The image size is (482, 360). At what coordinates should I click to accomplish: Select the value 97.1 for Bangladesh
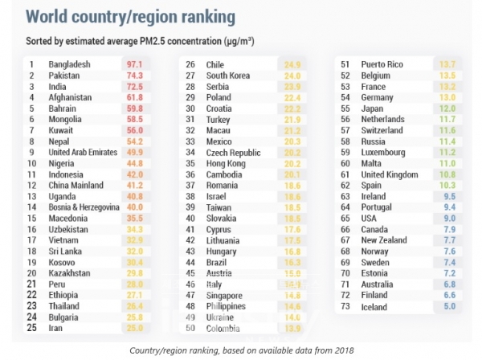(133, 64)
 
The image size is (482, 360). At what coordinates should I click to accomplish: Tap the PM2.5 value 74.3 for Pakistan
(133, 75)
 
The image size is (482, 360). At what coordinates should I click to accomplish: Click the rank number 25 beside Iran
(33, 328)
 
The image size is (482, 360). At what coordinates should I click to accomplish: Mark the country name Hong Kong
(228, 162)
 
